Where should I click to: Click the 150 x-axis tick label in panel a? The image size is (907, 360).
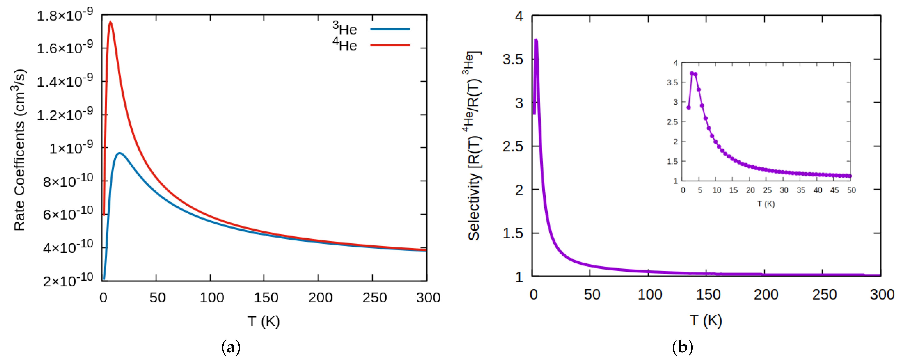pos(266,298)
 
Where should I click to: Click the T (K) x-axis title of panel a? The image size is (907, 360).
pos(264,321)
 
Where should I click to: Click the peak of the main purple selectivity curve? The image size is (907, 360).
pos(536,40)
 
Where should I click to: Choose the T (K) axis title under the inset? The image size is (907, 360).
pos(766,204)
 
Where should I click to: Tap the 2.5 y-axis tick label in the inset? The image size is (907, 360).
pos(672,122)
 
